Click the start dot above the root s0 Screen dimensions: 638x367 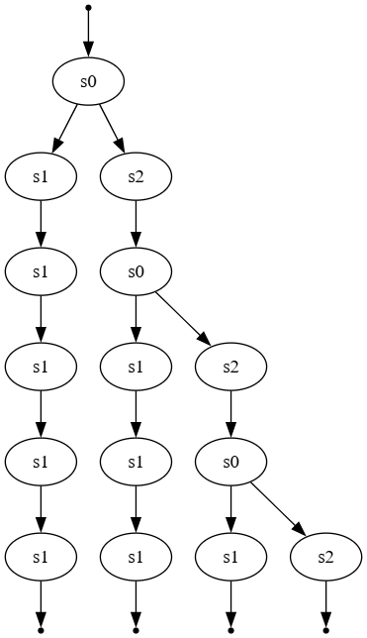point(88,8)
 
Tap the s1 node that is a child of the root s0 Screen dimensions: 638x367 point(41,177)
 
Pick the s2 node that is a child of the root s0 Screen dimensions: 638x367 point(136,177)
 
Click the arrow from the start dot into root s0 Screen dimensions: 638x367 point(88,36)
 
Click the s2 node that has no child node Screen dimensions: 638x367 point(325,558)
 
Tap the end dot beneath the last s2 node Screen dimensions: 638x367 point(325,629)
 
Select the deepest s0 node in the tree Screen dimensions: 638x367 point(230,463)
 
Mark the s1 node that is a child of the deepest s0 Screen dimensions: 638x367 point(230,558)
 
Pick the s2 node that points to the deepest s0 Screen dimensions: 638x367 point(230,368)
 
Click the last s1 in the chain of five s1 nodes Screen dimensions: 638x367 point(41,558)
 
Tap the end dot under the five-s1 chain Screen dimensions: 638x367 point(41,629)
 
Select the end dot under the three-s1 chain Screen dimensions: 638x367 point(136,629)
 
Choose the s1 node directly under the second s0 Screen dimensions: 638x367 point(136,368)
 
